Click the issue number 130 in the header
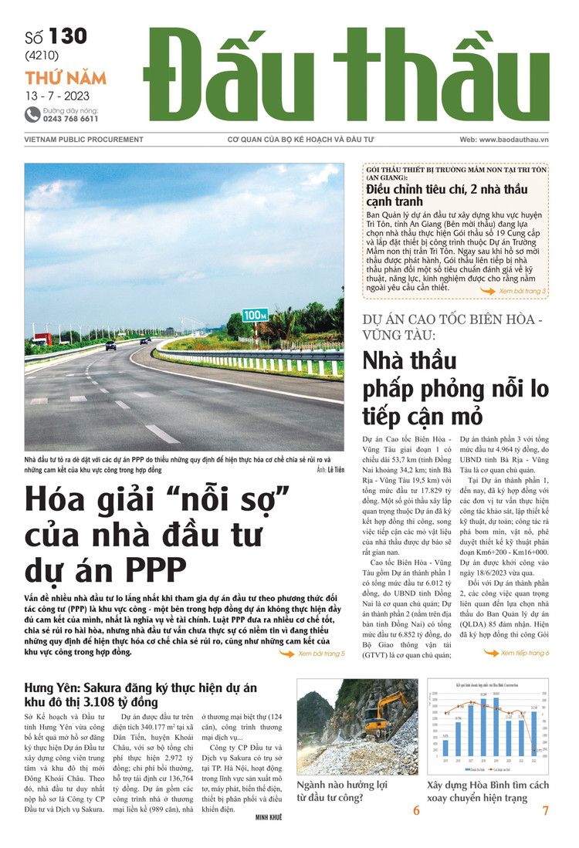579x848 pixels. (x=67, y=36)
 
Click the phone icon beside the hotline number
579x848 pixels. (x=32, y=114)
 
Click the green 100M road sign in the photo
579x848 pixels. (x=255, y=315)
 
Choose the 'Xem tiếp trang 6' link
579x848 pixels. (x=516, y=653)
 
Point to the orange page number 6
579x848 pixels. (x=416, y=810)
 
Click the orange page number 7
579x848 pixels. (x=545, y=810)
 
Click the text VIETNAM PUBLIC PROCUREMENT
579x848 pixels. (x=83, y=140)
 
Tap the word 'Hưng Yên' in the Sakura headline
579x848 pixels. (x=52, y=687)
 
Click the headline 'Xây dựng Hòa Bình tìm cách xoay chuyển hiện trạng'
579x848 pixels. (x=488, y=791)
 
